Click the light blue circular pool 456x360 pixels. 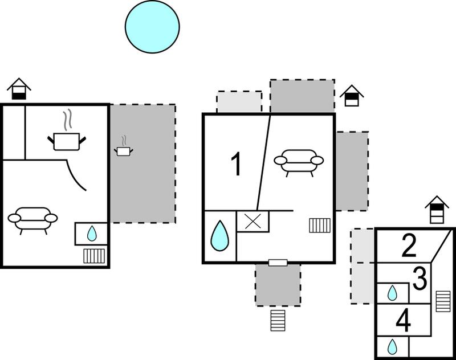click(152, 26)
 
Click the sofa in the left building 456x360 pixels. click(32, 219)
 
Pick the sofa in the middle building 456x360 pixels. click(299, 162)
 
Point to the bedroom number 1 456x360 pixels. click(237, 164)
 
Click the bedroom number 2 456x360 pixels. click(409, 246)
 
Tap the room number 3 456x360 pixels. click(420, 279)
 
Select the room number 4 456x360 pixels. click(404, 321)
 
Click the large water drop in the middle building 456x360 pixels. click(219, 236)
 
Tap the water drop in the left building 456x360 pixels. click(92, 234)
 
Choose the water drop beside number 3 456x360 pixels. click(392, 293)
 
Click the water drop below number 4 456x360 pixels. click(392, 346)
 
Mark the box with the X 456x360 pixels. click(253, 222)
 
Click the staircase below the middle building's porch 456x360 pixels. click(278, 321)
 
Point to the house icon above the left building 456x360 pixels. click(19, 89)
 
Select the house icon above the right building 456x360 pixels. click(437, 210)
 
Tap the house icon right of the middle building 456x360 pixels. click(352, 96)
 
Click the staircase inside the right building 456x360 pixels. click(443, 301)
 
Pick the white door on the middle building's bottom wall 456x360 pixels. click(278, 263)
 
